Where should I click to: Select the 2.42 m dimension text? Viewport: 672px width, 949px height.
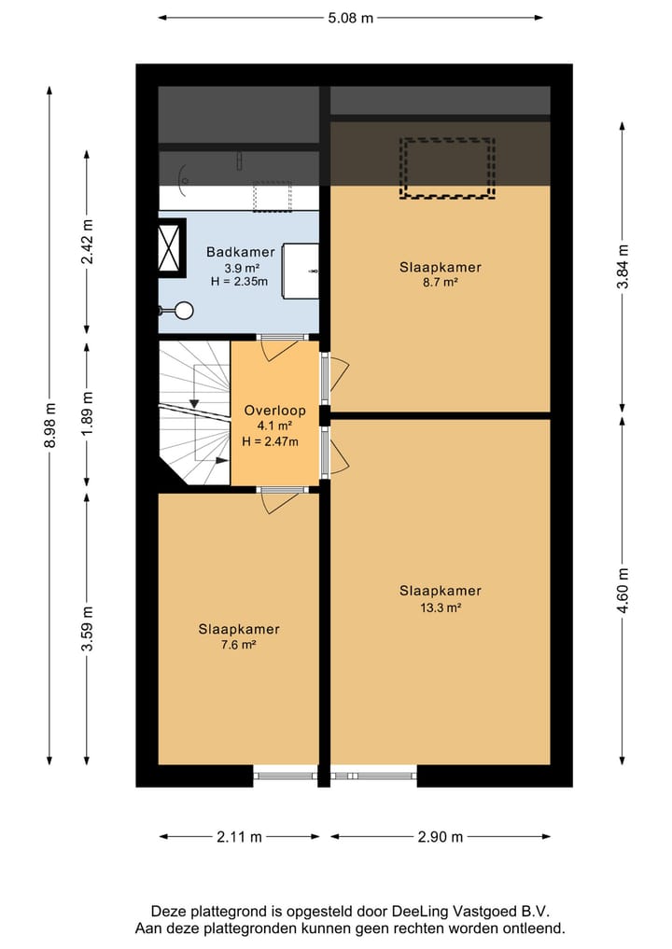tap(87, 241)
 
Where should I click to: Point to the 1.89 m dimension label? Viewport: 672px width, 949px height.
tap(87, 414)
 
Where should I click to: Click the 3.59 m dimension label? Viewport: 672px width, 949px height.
tap(87, 630)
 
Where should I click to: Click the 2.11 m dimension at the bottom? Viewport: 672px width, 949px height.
tap(238, 837)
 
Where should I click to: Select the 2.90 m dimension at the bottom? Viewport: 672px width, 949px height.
tap(439, 837)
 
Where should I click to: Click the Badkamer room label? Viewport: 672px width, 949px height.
tap(240, 252)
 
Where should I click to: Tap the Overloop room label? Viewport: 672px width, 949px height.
tap(274, 411)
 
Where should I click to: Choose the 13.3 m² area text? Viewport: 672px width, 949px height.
tap(440, 607)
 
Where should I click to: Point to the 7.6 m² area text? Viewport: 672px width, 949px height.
tap(238, 645)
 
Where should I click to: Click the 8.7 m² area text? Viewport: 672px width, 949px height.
tap(440, 283)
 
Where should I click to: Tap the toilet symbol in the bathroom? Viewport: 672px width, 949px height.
tap(179, 311)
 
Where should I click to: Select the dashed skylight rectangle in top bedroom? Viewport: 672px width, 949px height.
tap(447, 168)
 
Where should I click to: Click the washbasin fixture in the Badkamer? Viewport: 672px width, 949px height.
tap(301, 272)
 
